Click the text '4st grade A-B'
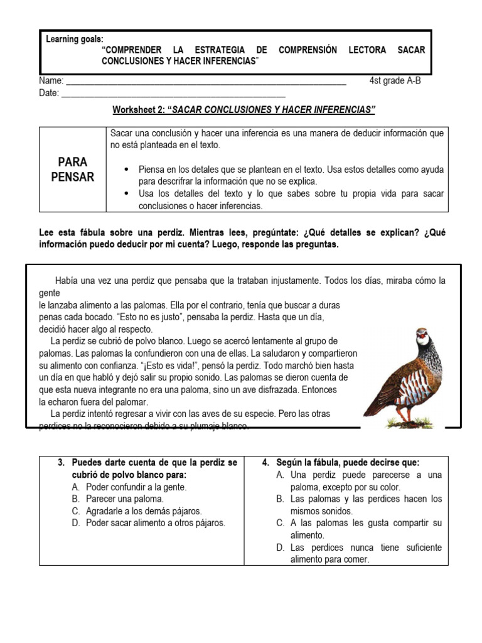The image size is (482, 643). click(x=395, y=80)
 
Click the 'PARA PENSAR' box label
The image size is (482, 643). click(x=72, y=170)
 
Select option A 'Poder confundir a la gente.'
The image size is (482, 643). click(x=136, y=487)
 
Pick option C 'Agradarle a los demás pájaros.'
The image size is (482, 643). click(x=147, y=511)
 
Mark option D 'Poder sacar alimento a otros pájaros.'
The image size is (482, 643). click(x=155, y=522)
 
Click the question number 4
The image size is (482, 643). click(x=265, y=463)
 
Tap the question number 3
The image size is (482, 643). click(x=62, y=463)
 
